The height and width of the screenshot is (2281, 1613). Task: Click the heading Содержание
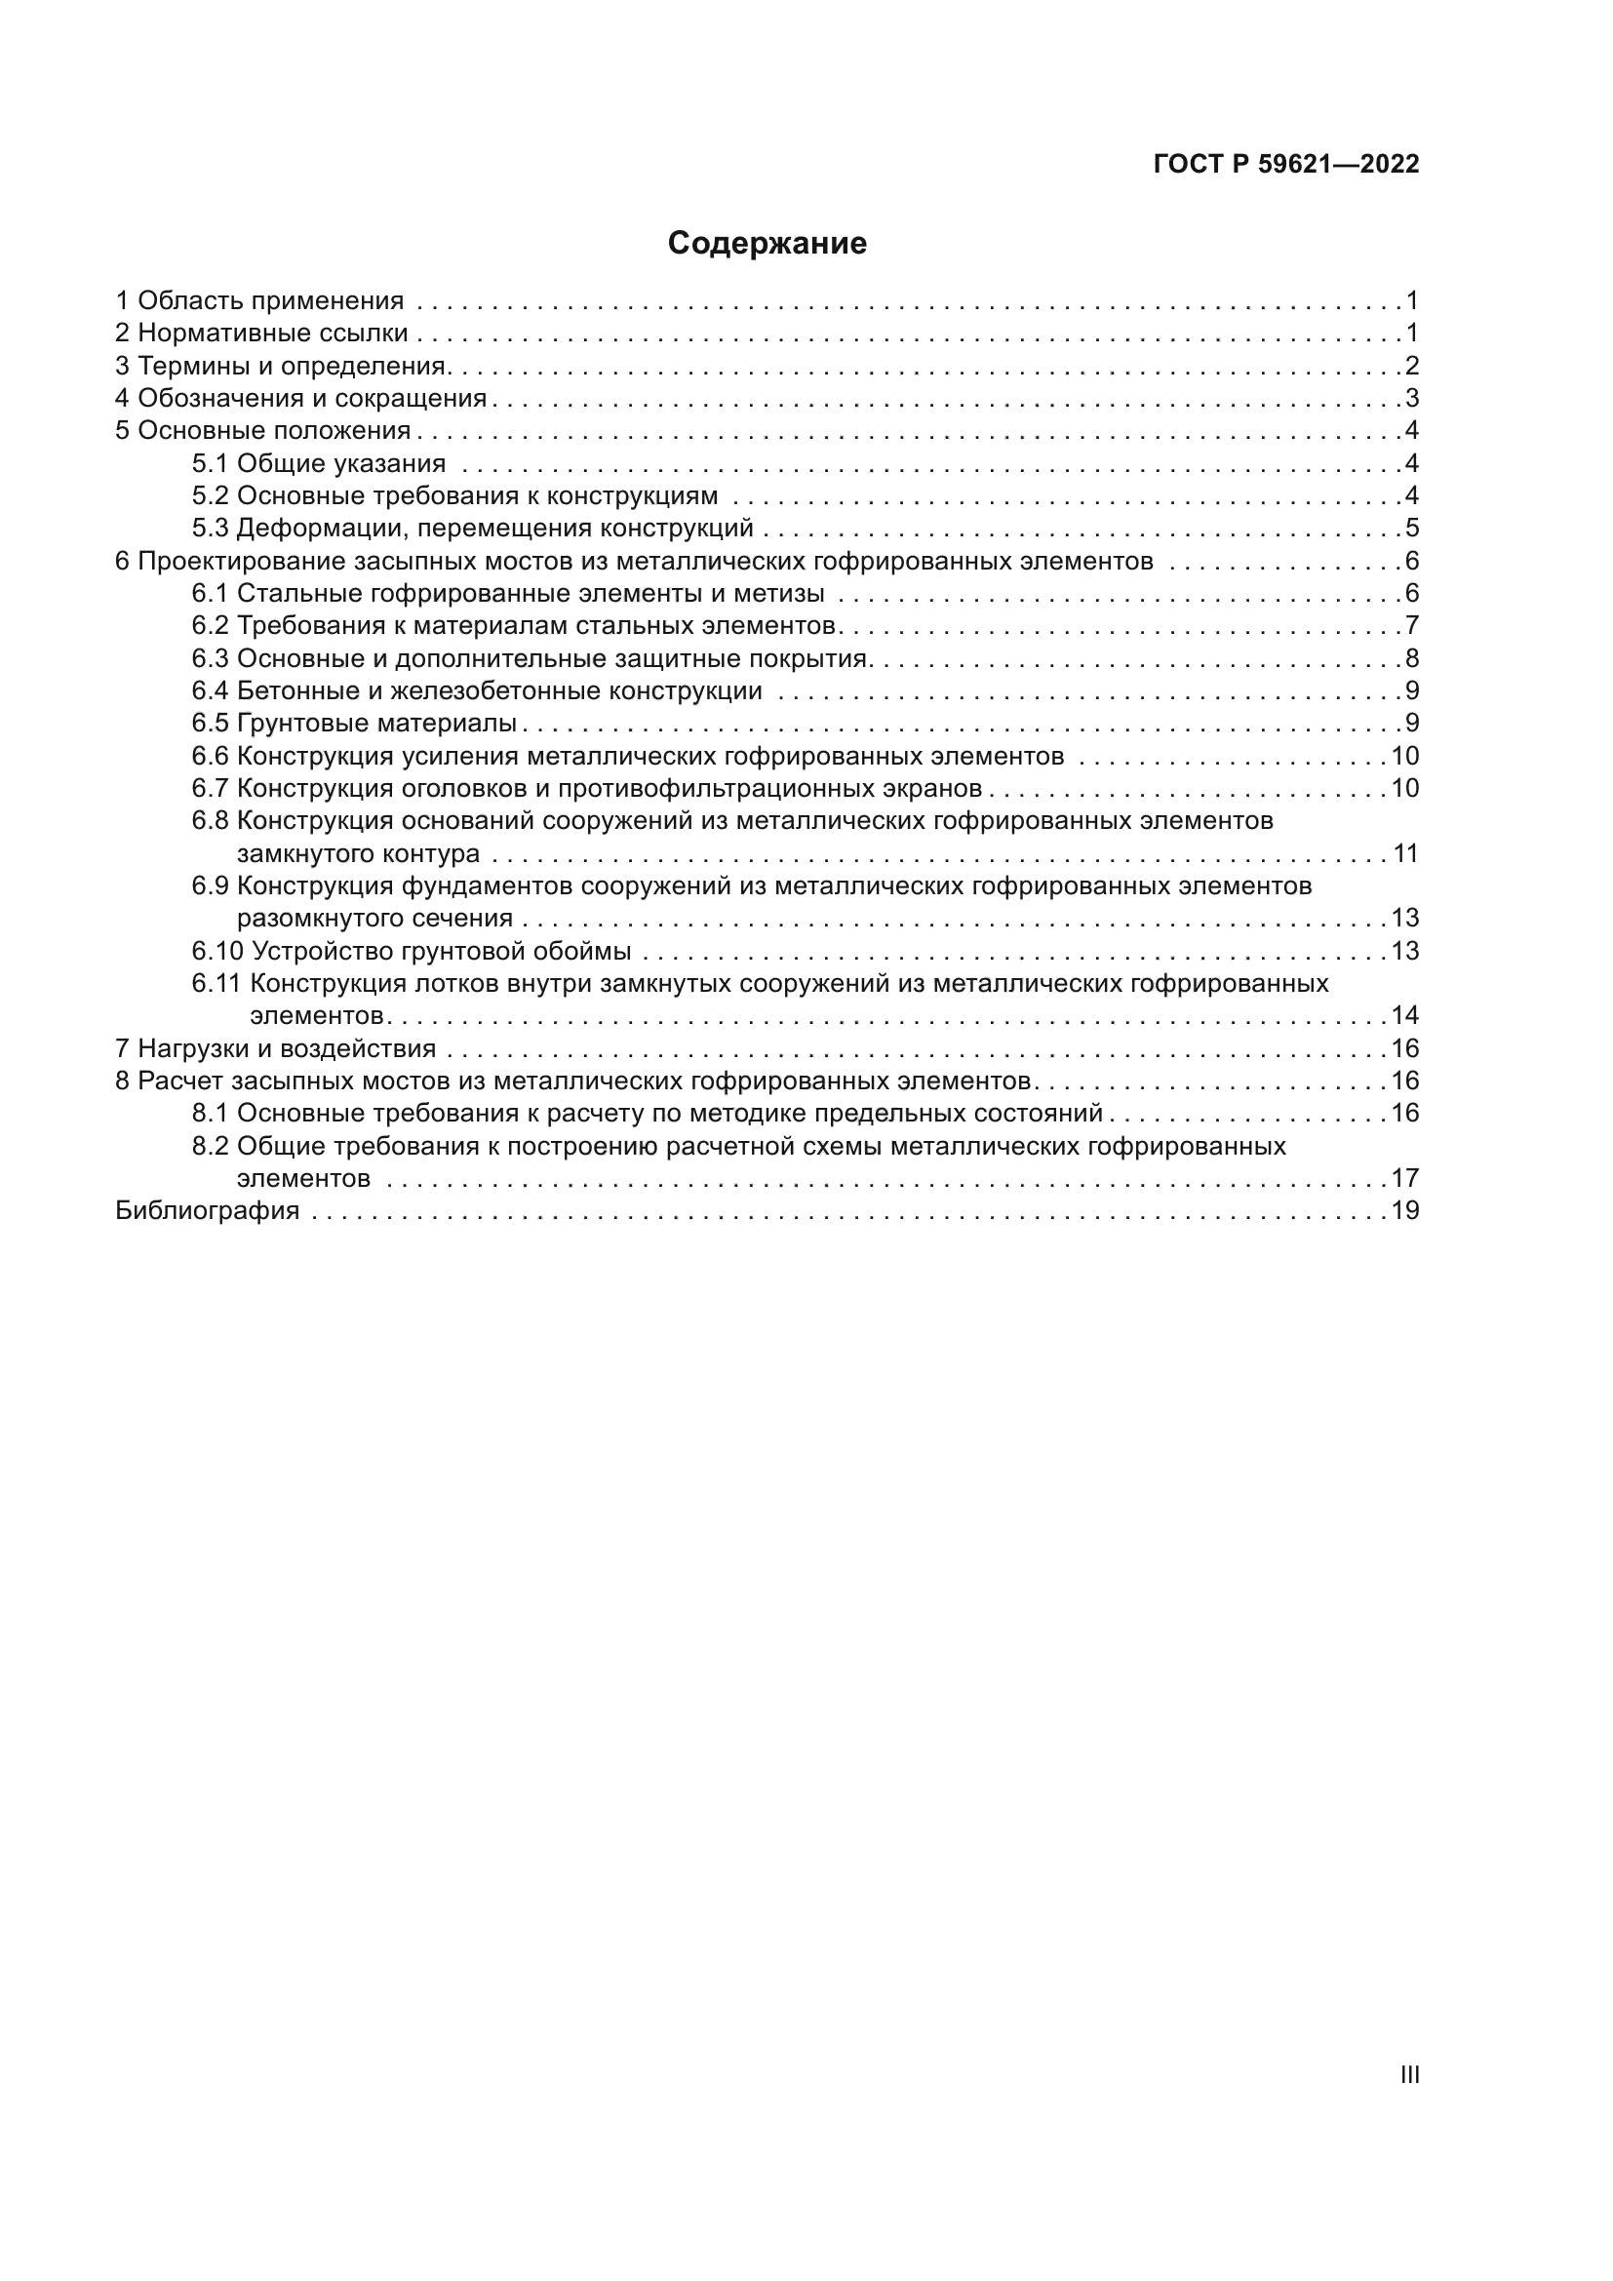tap(767, 244)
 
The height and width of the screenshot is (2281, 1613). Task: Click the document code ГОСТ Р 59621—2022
tap(1286, 165)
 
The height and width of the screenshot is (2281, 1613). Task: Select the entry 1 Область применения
tap(260, 301)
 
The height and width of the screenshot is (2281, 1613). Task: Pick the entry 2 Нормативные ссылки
tap(262, 334)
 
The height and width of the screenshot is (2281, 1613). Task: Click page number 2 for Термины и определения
tap(1411, 366)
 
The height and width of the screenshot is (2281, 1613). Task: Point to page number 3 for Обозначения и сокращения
tap(1411, 399)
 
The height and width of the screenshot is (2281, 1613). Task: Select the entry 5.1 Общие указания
tap(319, 463)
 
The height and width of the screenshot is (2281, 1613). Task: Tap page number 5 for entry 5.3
tap(1411, 529)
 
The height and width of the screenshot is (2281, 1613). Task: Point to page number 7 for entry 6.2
tap(1411, 626)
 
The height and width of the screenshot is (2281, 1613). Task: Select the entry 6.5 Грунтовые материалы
tap(355, 724)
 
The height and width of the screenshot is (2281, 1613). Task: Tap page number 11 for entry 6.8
tap(1405, 853)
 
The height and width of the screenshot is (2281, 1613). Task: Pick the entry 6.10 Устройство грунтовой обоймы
tap(412, 951)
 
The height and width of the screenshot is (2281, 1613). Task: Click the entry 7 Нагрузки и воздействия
tap(276, 1048)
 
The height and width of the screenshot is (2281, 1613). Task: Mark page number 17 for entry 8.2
tap(1405, 1178)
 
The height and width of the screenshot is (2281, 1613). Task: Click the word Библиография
tap(208, 1210)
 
